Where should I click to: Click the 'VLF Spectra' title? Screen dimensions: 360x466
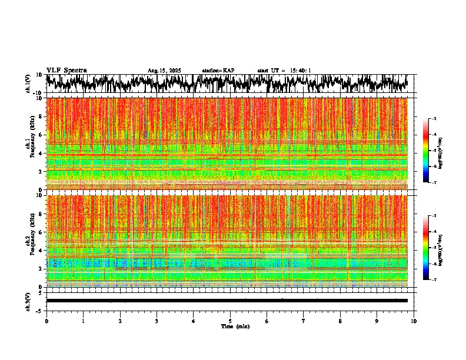pyautogui.click(x=66, y=71)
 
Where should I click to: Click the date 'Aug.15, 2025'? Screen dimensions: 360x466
pyautogui.click(x=164, y=71)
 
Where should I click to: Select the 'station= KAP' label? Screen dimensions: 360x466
pyautogui.click(x=218, y=71)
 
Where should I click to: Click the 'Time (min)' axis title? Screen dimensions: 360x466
pyautogui.click(x=230, y=326)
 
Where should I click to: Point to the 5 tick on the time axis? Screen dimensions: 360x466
pyautogui.click(x=230, y=321)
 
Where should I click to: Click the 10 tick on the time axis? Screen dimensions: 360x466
pyautogui.click(x=414, y=321)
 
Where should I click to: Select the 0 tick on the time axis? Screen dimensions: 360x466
pyautogui.click(x=46, y=321)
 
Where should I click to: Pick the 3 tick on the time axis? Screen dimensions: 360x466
pyautogui.click(x=157, y=321)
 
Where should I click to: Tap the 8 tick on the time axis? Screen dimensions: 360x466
pyautogui.click(x=340, y=321)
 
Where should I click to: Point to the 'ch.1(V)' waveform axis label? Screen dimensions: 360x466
pyautogui.click(x=28, y=84)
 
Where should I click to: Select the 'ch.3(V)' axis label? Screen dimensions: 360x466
pyautogui.click(x=28, y=301)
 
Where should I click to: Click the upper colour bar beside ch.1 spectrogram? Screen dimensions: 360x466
pyautogui.click(x=431, y=151)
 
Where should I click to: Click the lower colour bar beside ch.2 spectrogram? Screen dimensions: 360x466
pyautogui.click(x=431, y=248)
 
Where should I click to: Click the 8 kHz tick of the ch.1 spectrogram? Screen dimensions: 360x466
pyautogui.click(x=42, y=116)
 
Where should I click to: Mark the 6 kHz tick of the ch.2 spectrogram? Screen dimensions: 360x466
pyautogui.click(x=42, y=232)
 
